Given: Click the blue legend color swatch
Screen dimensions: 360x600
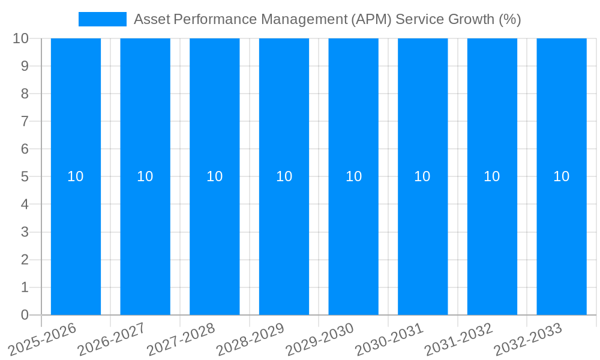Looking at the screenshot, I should point(103,19).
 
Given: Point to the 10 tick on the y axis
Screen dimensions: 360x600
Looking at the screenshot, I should point(20,38).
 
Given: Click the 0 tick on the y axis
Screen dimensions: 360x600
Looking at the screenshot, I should point(25,315).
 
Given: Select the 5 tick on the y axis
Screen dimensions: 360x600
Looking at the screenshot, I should point(25,177).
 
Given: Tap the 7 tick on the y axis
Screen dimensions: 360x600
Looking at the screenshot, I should point(25,122).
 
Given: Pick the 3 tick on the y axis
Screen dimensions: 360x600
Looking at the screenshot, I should point(25,232).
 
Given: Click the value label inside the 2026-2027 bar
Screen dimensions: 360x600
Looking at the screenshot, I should point(145,176).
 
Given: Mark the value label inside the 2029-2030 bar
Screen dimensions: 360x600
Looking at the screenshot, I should point(353,176).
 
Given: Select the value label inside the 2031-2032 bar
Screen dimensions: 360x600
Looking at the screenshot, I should point(492,176).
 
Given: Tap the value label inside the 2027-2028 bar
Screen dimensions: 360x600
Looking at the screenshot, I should point(215,176).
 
